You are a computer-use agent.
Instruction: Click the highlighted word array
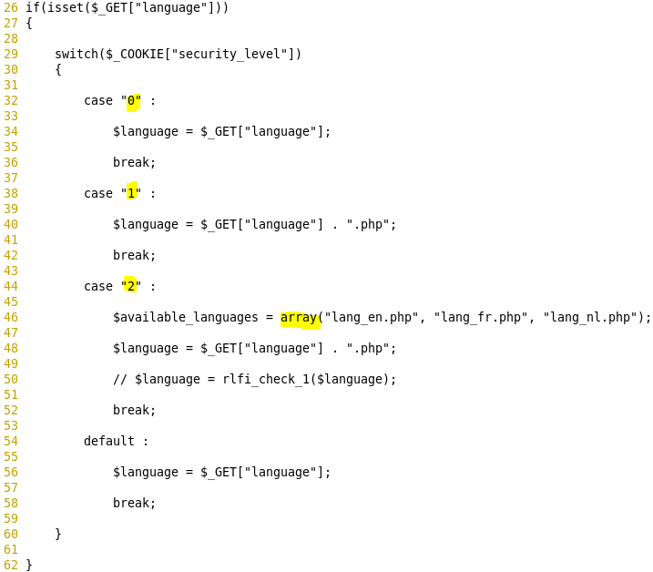pos(299,318)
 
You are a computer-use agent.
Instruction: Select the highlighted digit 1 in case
pos(131,194)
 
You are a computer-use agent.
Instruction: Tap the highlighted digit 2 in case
pos(131,287)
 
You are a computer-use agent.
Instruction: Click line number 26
pos(11,8)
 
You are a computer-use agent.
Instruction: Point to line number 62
pos(11,566)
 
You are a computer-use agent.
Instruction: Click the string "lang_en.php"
pos(375,318)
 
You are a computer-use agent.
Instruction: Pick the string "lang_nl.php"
pos(590,318)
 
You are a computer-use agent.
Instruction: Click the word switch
pos(77,55)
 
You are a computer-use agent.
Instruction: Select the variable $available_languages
pos(186,318)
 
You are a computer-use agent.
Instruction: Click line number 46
pos(11,318)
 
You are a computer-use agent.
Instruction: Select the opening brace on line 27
pos(29,24)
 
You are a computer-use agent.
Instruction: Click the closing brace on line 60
pos(58,535)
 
